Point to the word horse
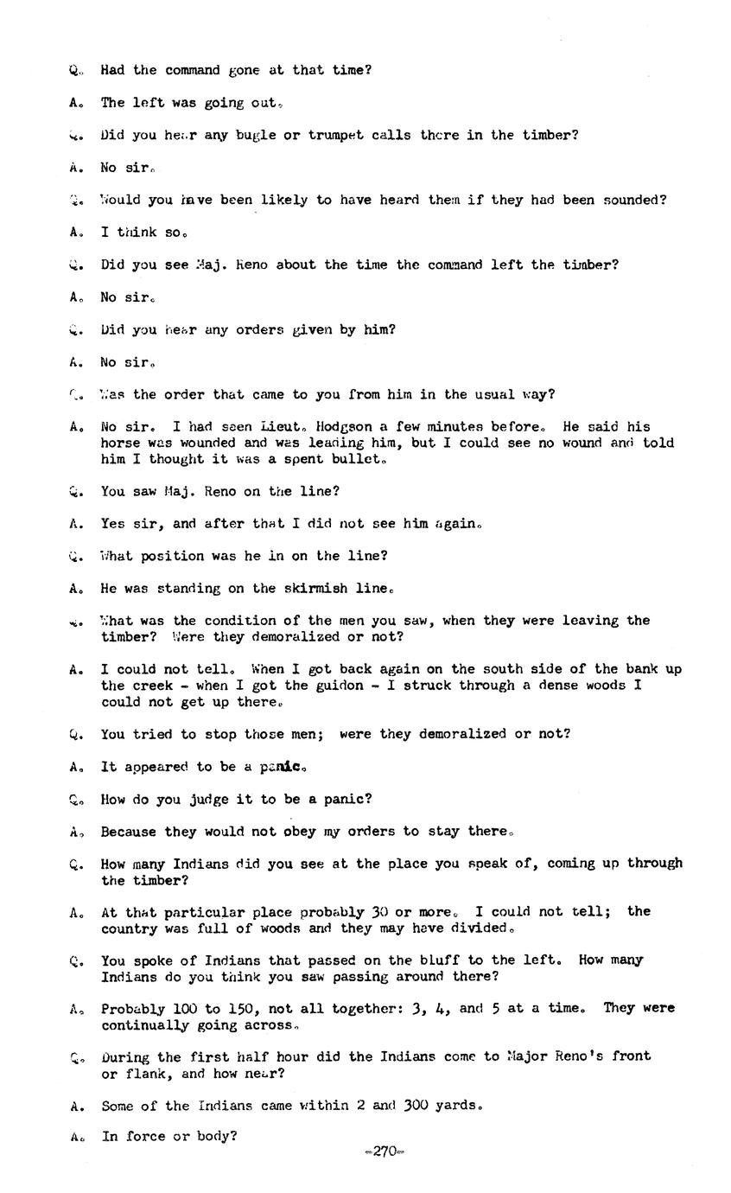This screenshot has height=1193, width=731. click(121, 443)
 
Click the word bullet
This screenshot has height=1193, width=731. click(357, 459)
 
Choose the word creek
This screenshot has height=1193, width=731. click(154, 686)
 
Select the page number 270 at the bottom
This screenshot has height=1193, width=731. click(385, 1152)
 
